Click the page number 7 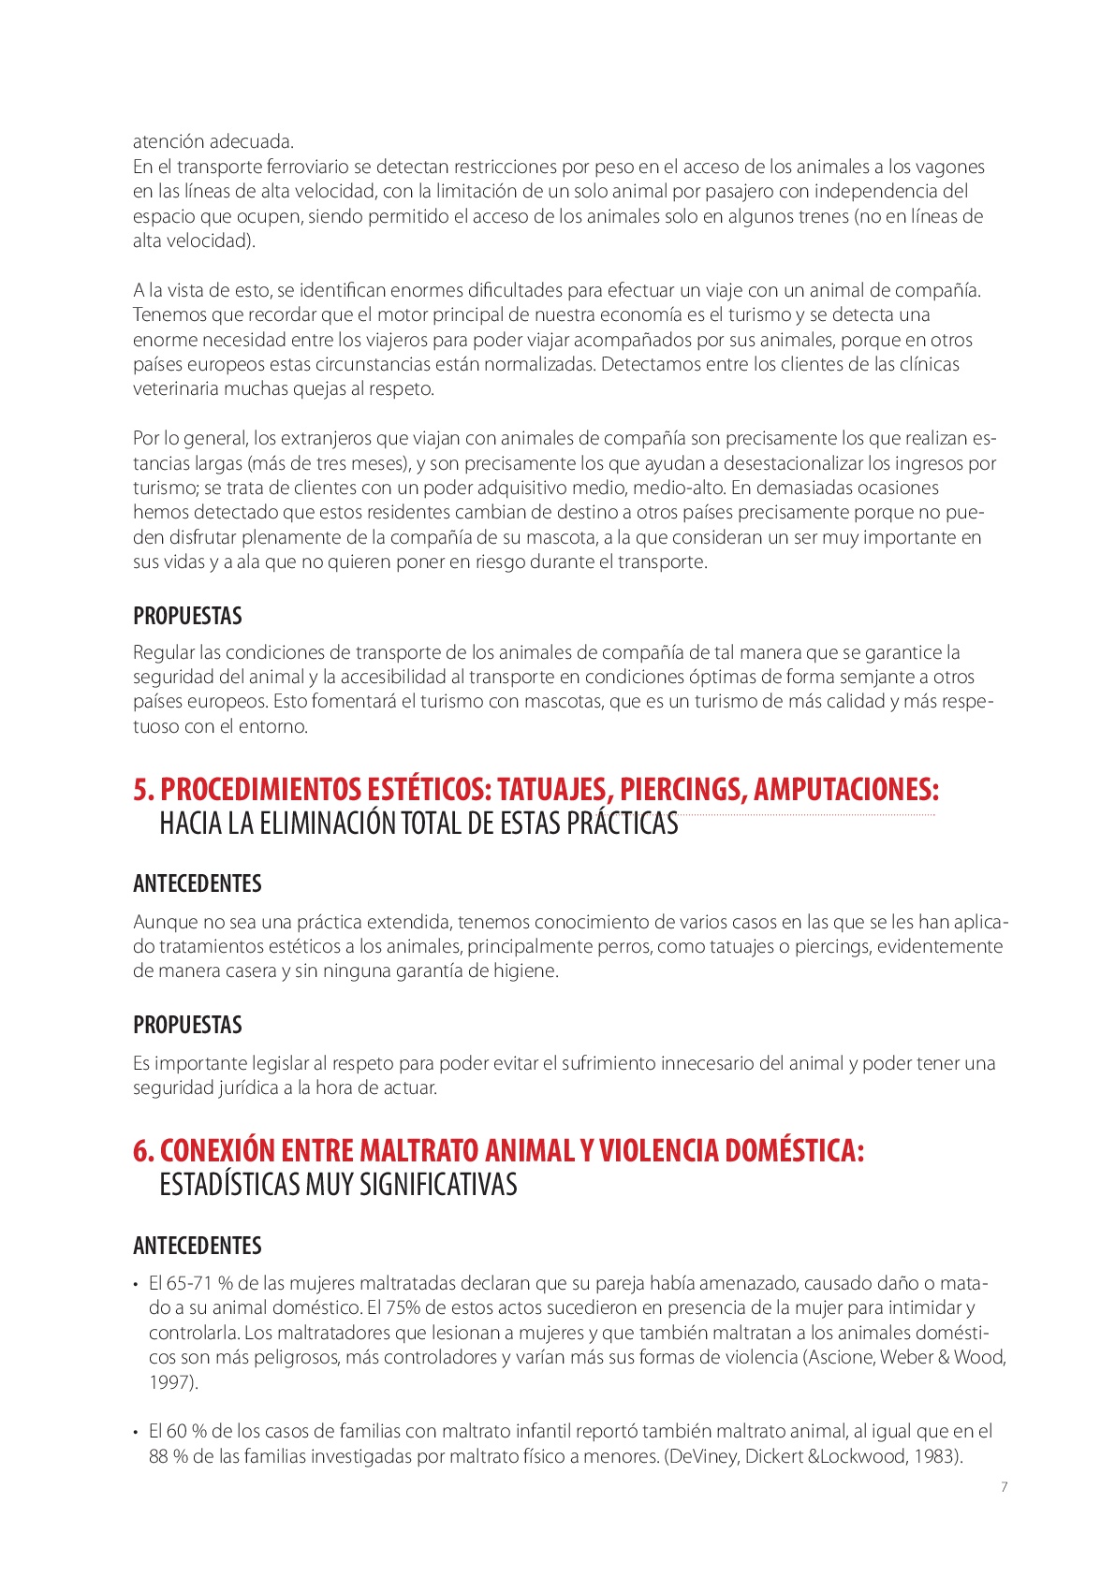click(x=1005, y=1487)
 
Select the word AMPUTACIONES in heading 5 click(x=845, y=789)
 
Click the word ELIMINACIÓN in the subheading click(x=327, y=824)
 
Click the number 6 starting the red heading click(x=142, y=1150)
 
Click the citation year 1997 click(x=171, y=1382)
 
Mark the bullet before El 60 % click(x=137, y=1432)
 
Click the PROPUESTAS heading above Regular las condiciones click(x=187, y=616)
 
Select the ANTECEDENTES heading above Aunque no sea click(x=197, y=883)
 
